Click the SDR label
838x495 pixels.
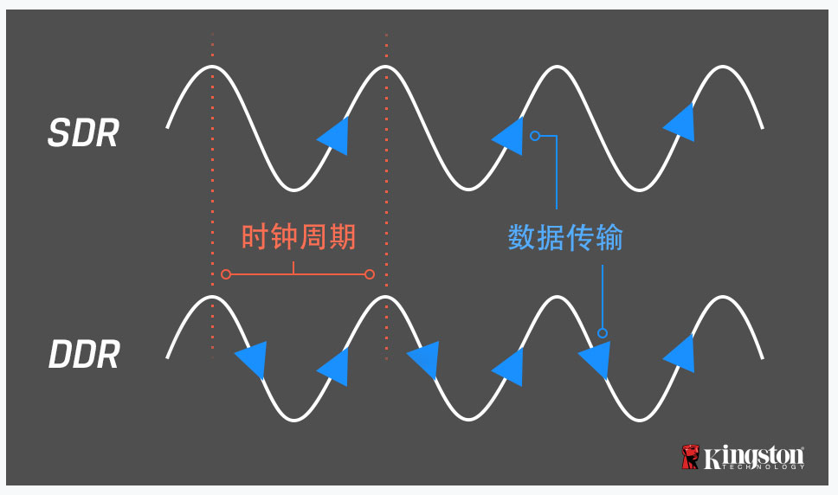point(82,134)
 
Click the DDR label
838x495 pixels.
point(83,356)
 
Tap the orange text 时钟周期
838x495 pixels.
point(298,237)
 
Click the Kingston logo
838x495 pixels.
point(743,457)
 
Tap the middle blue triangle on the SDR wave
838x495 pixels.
point(510,135)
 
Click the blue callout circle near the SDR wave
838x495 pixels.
point(535,136)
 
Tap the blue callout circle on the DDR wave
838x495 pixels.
point(603,333)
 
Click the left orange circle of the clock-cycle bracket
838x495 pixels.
point(226,274)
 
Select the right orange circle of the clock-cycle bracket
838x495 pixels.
point(370,274)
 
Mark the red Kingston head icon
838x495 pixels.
point(690,457)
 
